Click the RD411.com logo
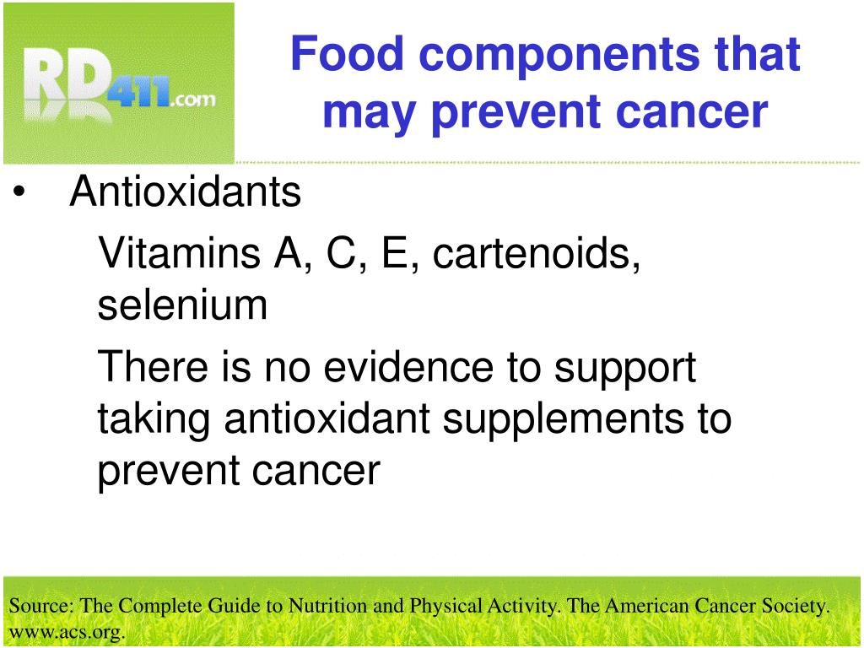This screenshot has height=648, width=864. pos(118,82)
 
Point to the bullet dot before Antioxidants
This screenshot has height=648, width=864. pos(19,193)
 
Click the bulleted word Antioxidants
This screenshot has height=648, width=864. pos(185,192)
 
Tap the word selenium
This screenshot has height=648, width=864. pos(182,305)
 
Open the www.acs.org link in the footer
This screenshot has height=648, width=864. pos(67,632)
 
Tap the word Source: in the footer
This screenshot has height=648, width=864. pos(41,606)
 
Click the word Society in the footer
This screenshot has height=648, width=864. pos(796,606)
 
